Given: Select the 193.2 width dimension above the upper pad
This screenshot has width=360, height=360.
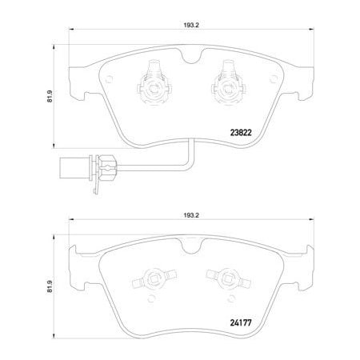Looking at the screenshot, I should point(190,23).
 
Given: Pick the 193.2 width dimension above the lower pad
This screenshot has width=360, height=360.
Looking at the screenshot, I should point(190,215).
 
